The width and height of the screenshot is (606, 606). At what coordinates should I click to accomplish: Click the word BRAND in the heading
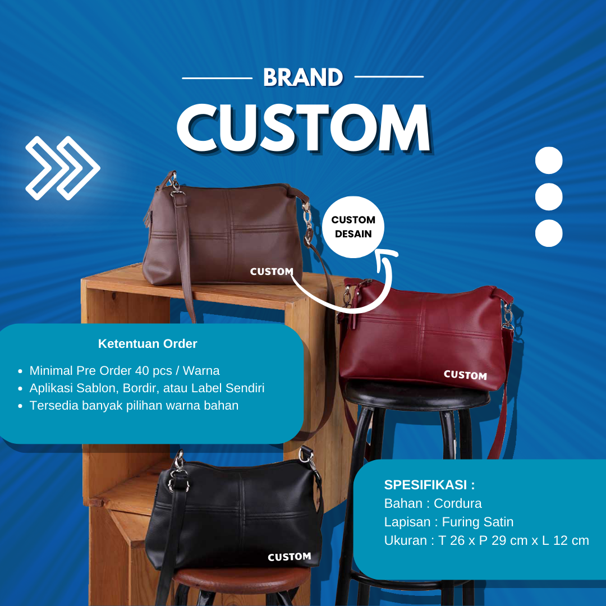click(x=303, y=77)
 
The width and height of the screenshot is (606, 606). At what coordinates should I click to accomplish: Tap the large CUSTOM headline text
click(x=305, y=128)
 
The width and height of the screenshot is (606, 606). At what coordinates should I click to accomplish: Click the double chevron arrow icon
click(x=63, y=168)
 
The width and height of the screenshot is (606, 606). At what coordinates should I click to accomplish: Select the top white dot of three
click(x=549, y=160)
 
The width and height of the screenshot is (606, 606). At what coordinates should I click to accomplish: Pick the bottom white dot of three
click(x=549, y=233)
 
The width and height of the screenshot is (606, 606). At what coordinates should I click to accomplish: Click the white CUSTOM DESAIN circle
click(x=353, y=227)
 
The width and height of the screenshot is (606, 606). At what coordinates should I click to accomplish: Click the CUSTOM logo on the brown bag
click(x=272, y=272)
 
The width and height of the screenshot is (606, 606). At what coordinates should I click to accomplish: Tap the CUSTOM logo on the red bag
click(x=465, y=375)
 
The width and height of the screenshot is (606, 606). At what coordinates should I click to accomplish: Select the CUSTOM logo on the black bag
click(x=290, y=557)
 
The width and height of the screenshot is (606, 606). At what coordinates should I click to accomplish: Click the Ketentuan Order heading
click(x=148, y=343)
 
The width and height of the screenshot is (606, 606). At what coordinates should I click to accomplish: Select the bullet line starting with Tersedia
click(x=134, y=406)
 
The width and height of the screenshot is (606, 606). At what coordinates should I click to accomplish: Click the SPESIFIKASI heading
click(x=429, y=485)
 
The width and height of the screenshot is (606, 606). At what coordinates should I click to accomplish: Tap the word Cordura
click(x=458, y=503)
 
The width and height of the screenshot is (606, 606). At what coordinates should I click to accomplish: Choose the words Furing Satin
click(x=478, y=522)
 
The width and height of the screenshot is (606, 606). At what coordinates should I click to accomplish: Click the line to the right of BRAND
click(x=389, y=76)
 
